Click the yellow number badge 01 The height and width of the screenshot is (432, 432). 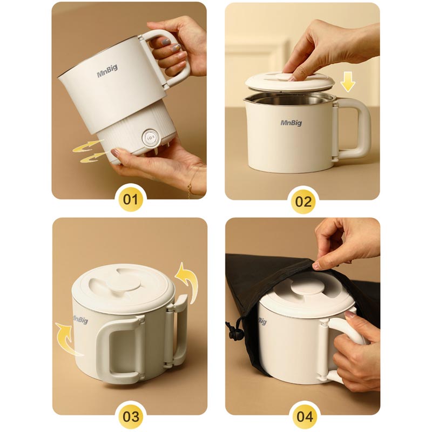pos(130,199)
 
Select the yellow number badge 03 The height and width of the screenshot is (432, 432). pos(130,416)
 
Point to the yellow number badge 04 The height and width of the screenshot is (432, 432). pos(304,416)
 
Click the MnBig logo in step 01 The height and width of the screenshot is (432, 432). pos(107,72)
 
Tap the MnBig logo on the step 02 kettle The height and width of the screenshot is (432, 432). pos(291,123)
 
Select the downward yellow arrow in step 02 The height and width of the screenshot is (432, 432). pos(348,82)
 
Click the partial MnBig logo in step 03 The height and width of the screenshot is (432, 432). pos(80,320)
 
